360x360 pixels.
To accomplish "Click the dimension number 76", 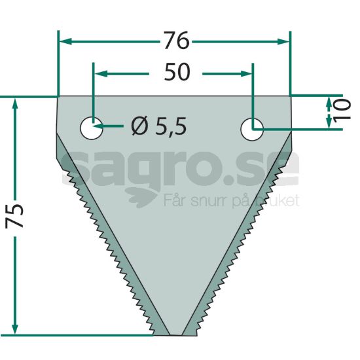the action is click(x=177, y=41).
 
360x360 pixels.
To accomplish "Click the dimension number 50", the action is click(x=177, y=72).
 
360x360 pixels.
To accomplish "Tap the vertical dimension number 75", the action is click(x=14, y=215).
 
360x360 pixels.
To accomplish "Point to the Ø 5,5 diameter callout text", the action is click(x=158, y=126).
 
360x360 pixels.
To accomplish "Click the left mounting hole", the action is click(x=92, y=128).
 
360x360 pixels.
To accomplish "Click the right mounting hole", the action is click(x=252, y=129).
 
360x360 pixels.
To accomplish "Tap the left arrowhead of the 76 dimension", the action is click(x=65, y=41).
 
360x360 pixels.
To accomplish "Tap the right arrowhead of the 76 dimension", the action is click(x=283, y=41).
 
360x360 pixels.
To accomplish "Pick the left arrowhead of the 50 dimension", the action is click(x=101, y=74).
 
